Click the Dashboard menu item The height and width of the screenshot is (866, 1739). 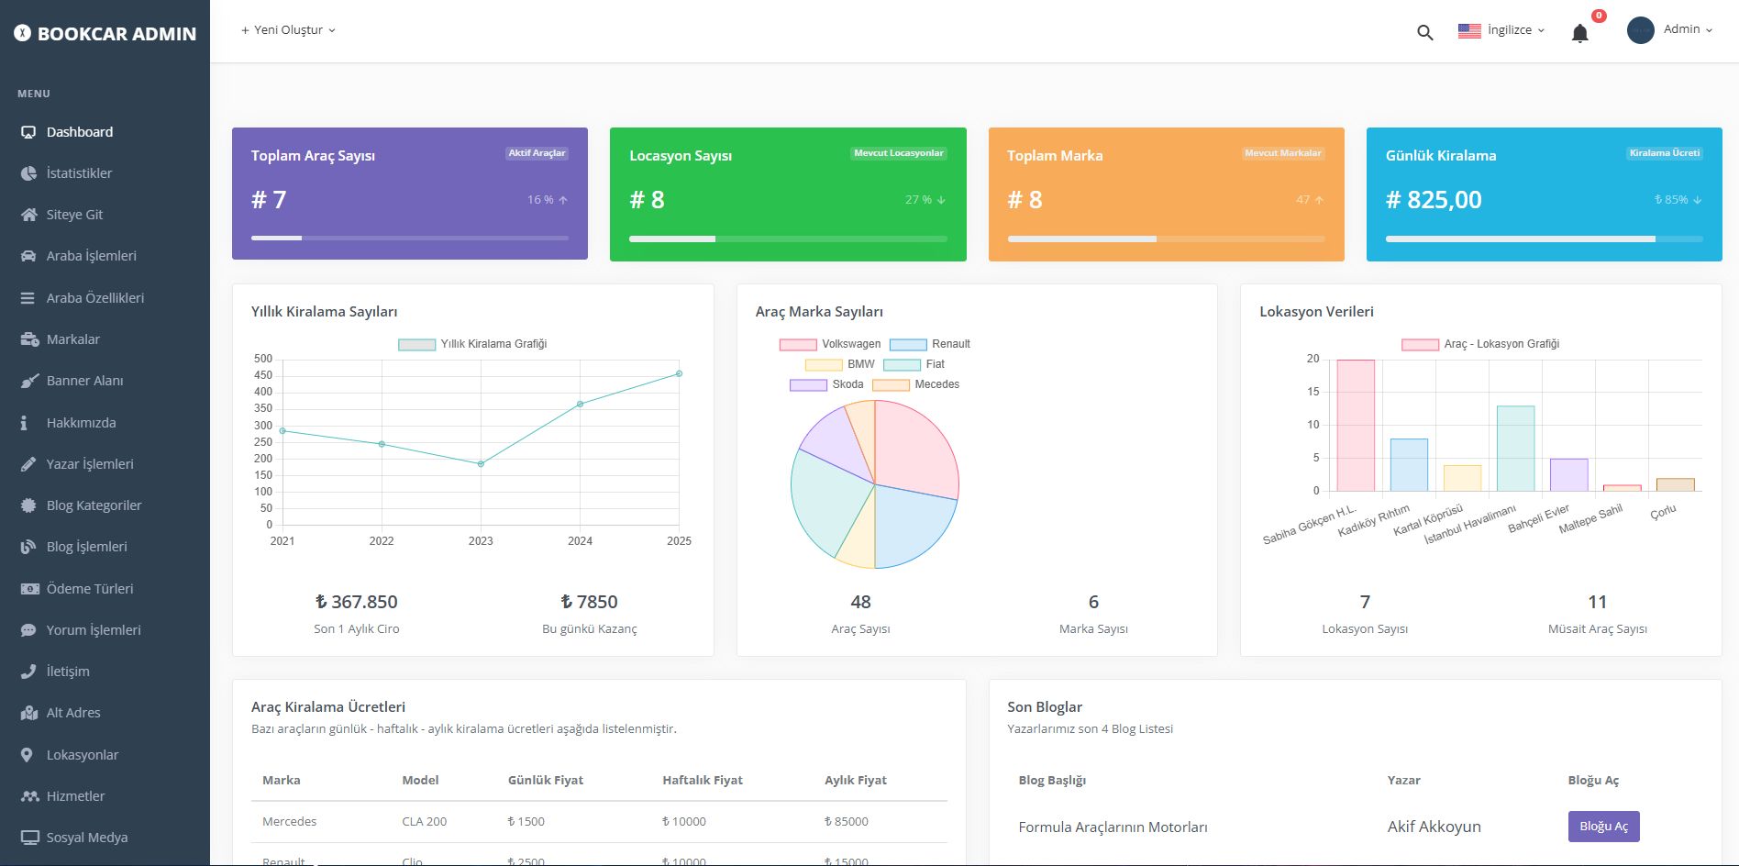click(x=79, y=132)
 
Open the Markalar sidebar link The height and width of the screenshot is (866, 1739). click(x=72, y=339)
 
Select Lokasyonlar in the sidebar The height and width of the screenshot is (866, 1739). click(x=82, y=755)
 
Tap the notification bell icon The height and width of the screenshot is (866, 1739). click(x=1579, y=34)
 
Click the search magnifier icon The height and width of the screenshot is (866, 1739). click(x=1424, y=33)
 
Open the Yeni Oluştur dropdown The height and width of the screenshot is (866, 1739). click(x=288, y=30)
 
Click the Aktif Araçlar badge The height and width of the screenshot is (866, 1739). click(x=537, y=153)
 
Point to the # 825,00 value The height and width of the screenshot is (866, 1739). click(x=1434, y=200)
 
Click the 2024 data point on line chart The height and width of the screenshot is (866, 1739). click(x=580, y=404)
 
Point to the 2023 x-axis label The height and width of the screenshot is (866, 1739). click(x=481, y=541)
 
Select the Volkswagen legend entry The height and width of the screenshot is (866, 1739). click(x=830, y=344)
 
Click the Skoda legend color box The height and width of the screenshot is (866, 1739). click(x=808, y=385)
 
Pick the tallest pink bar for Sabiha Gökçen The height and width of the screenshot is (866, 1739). click(x=1355, y=426)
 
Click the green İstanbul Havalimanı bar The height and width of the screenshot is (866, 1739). click(x=1515, y=449)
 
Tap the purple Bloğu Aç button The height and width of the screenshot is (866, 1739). click(x=1603, y=827)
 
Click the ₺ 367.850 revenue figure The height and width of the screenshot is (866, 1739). click(x=356, y=603)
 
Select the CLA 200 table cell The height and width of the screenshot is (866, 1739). click(x=424, y=822)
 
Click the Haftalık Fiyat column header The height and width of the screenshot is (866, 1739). click(x=702, y=781)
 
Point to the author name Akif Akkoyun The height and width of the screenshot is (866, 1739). click(x=1434, y=827)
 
